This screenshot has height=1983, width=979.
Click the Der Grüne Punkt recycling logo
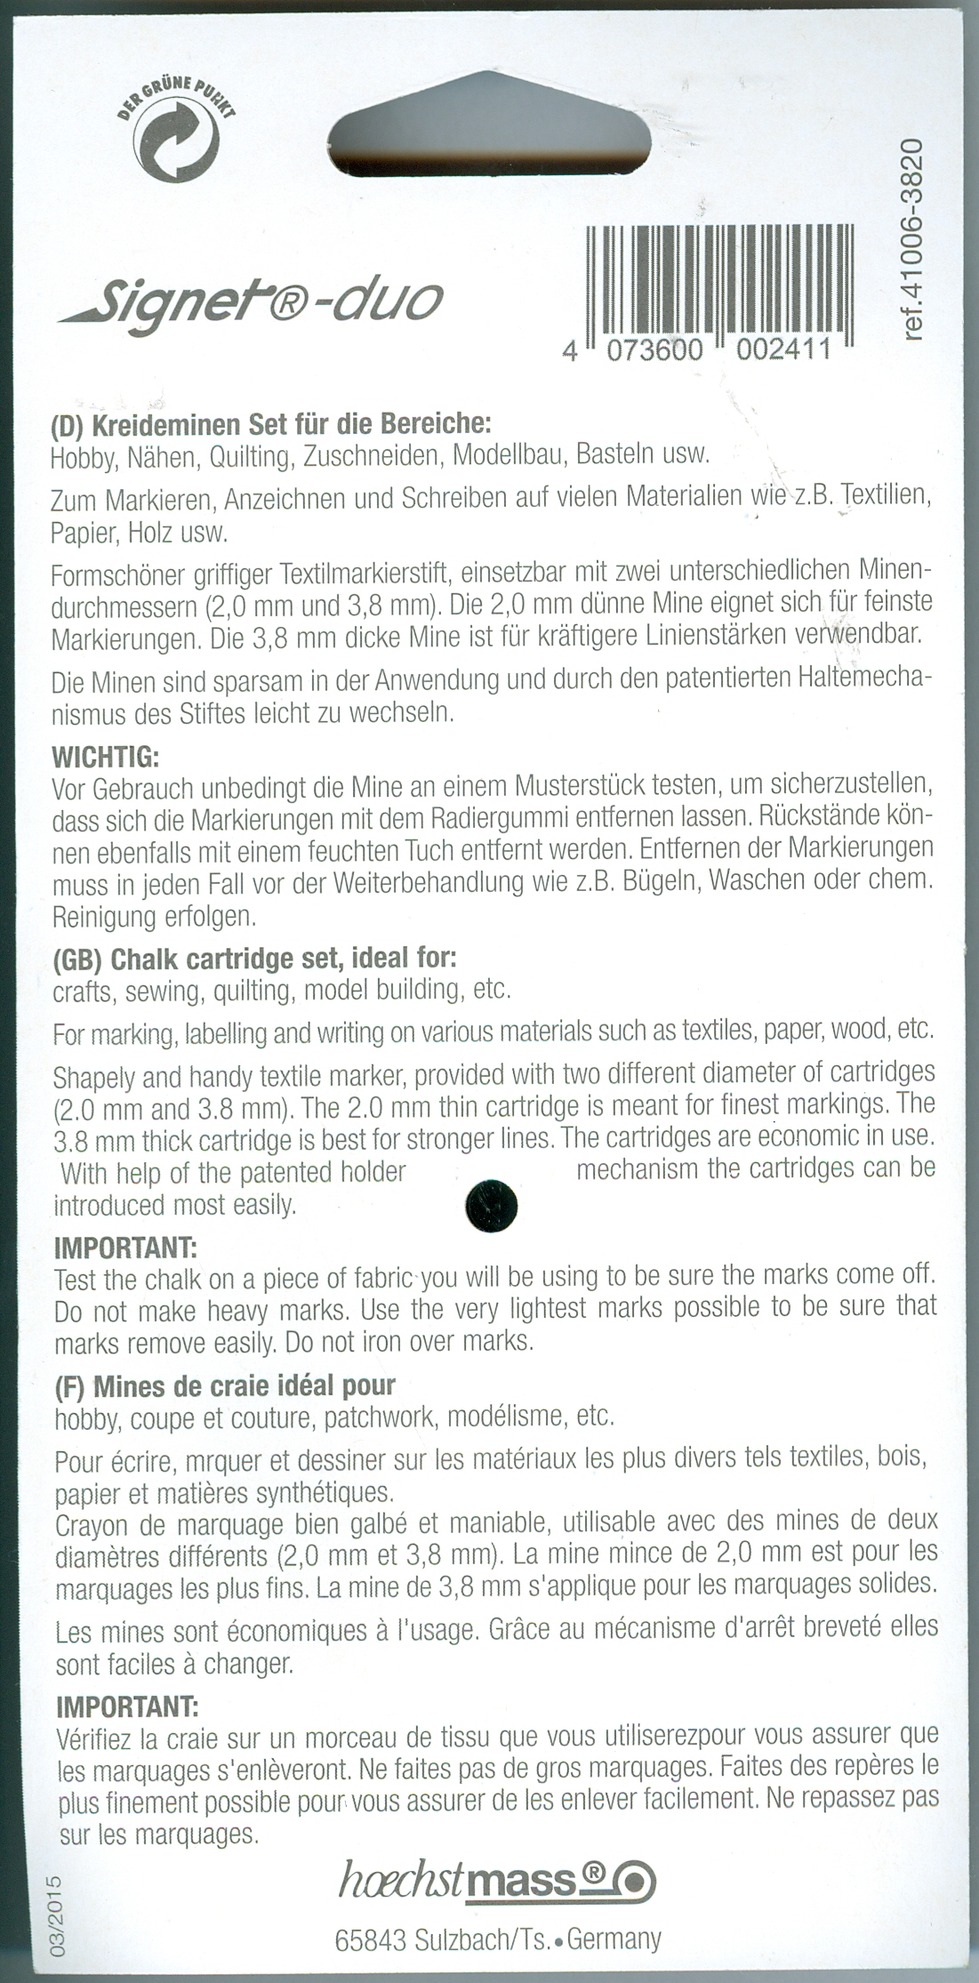177,138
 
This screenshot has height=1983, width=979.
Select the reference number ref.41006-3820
917,239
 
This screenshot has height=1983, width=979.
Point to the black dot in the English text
491,1207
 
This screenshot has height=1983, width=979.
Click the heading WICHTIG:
105,759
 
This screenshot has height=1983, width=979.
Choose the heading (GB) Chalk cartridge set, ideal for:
255,959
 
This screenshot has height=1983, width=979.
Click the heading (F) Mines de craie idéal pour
225,1385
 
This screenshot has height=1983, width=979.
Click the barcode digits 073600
654,352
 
